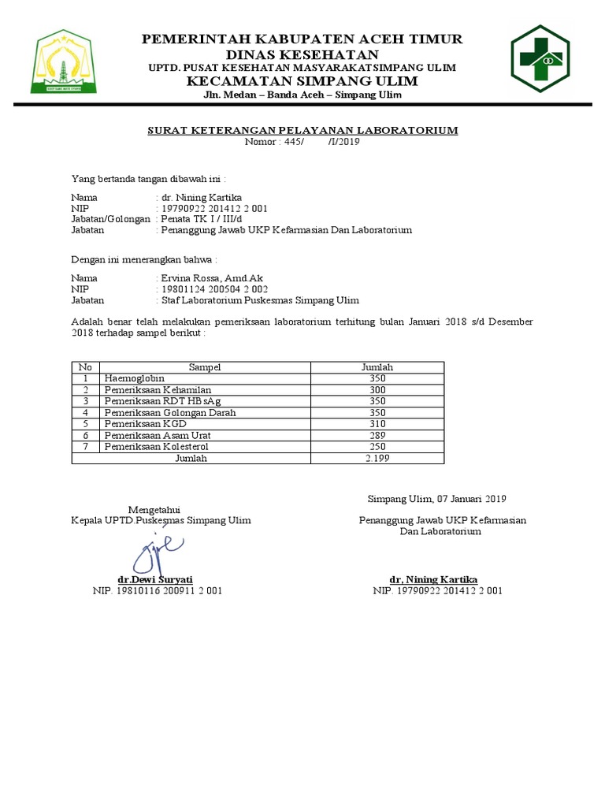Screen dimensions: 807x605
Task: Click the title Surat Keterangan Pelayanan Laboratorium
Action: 302,130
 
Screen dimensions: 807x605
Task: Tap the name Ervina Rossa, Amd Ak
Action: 211,278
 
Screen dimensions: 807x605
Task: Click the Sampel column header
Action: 205,367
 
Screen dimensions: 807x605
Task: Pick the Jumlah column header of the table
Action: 377,367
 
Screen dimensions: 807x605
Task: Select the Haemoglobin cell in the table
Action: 131,378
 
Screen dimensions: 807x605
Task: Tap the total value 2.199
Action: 377,459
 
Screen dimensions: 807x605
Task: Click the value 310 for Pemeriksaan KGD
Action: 377,424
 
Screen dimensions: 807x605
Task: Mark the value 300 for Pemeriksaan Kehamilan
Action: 377,390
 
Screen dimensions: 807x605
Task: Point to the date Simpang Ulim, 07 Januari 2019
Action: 437,498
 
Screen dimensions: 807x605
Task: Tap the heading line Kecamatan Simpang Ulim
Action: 302,82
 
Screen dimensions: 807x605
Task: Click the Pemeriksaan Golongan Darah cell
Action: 169,413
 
